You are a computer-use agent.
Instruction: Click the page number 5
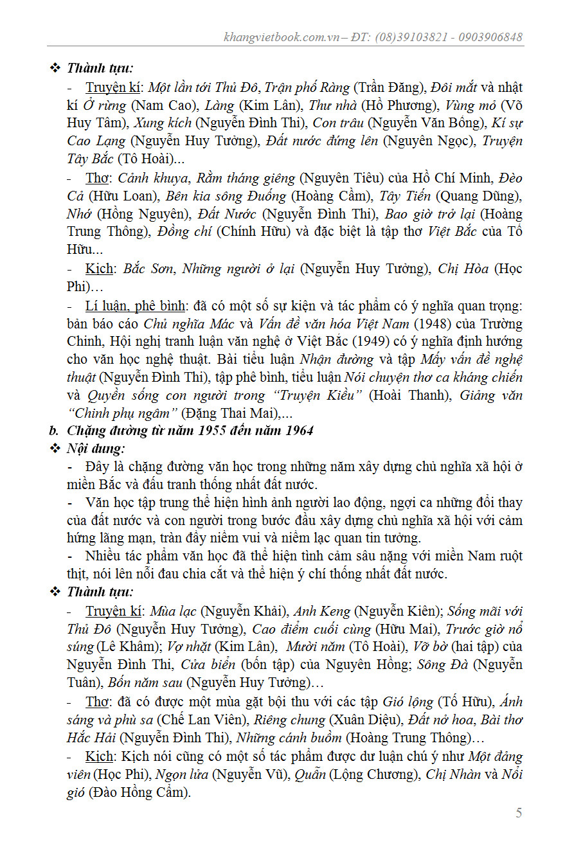[519, 813]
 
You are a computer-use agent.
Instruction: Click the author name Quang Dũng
[476, 195]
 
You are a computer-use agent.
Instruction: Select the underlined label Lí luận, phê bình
[135, 305]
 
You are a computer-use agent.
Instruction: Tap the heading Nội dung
[95, 448]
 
